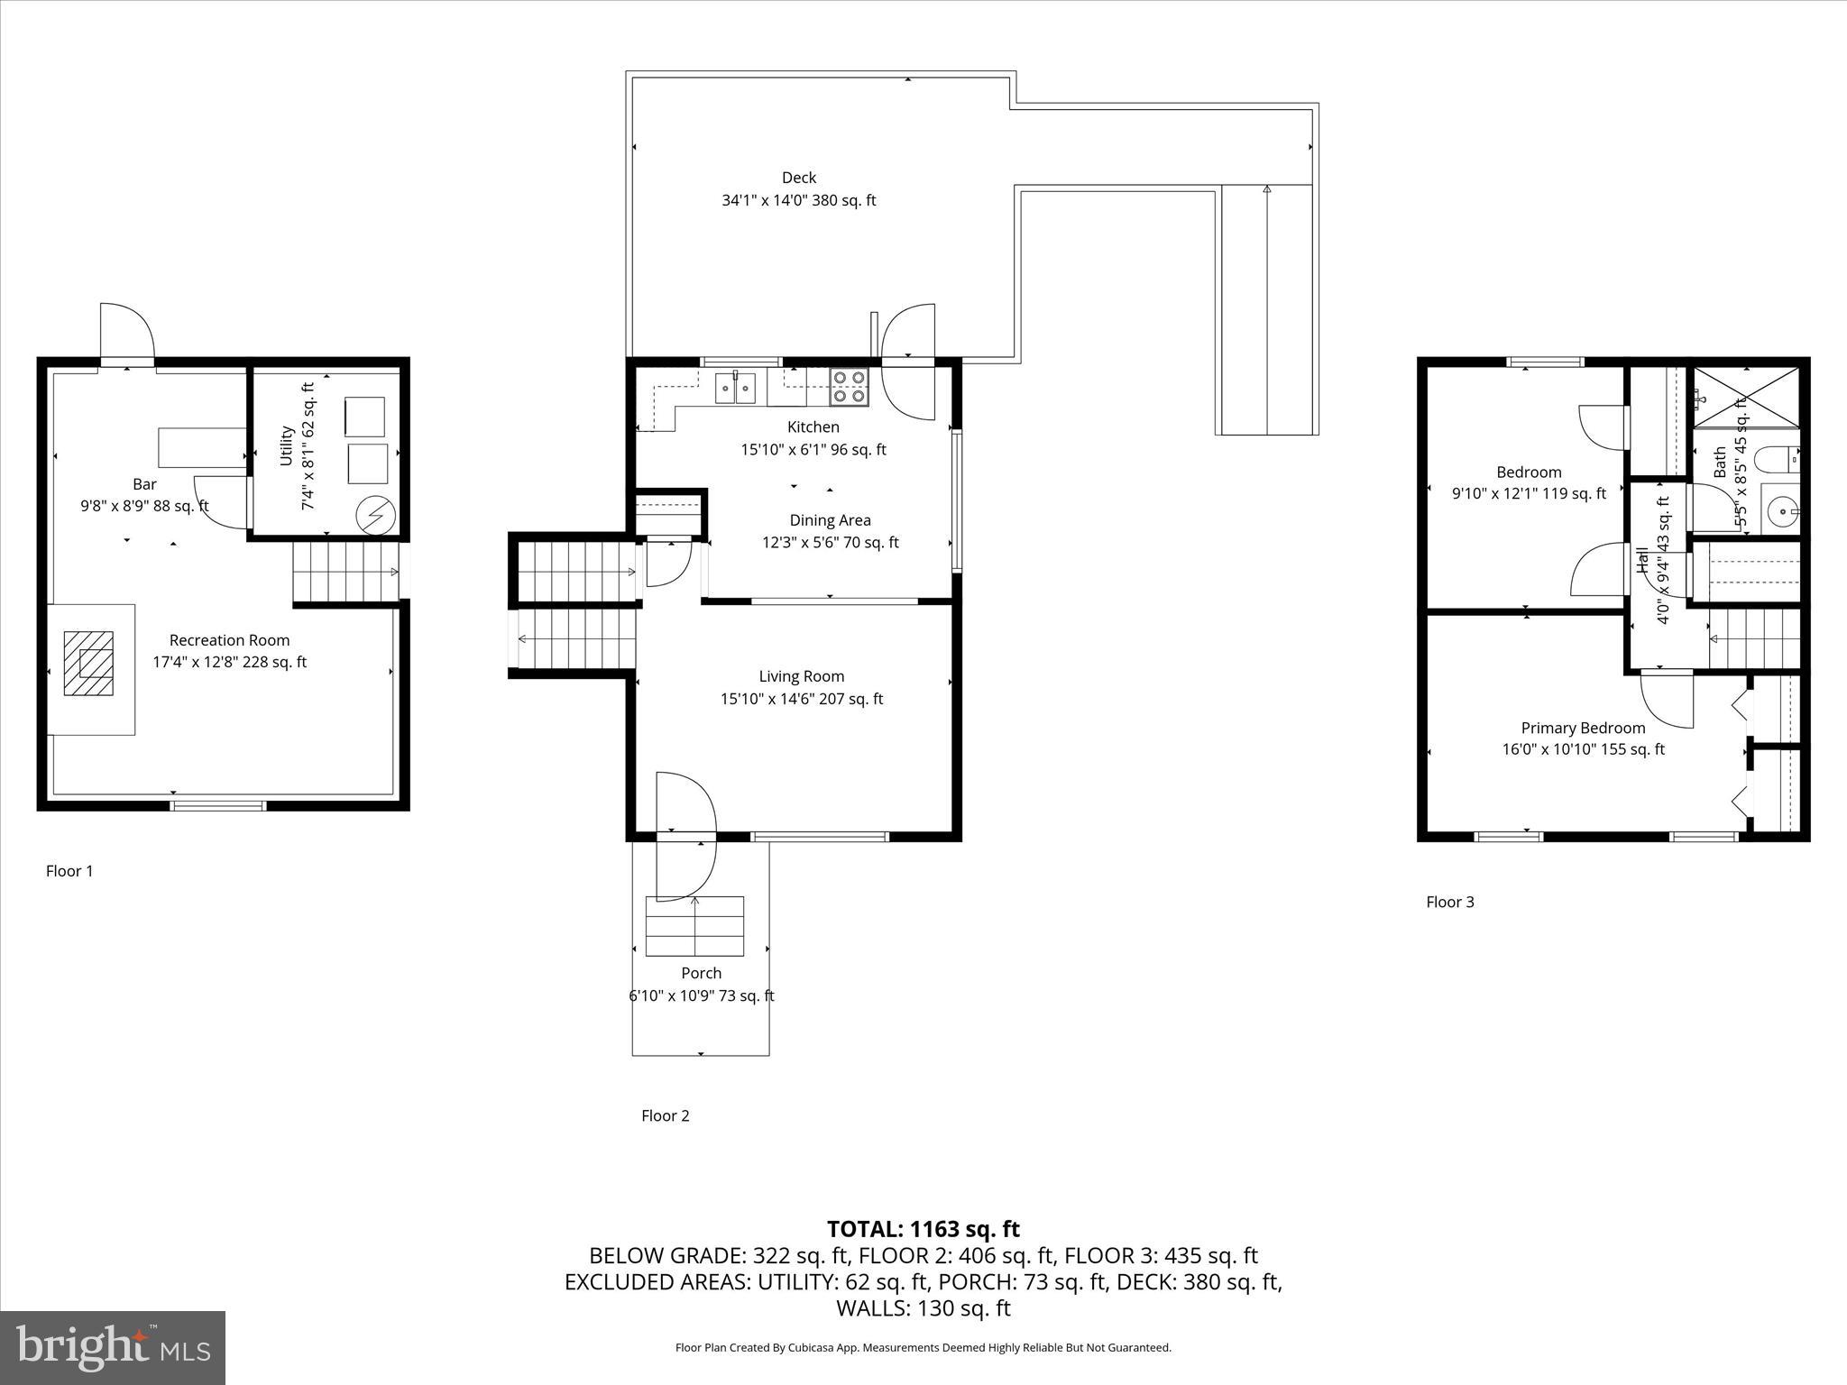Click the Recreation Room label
click(x=229, y=640)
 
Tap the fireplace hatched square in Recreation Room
click(x=88, y=664)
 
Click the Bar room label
click(x=144, y=484)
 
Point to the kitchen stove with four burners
click(x=849, y=387)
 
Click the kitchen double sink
click(x=736, y=389)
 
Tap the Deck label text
click(x=799, y=178)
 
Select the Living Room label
click(x=801, y=676)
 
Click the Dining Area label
click(x=830, y=520)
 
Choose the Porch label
click(x=701, y=973)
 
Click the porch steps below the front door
click(x=694, y=926)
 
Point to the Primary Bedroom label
click(x=1583, y=728)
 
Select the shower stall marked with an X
click(x=1746, y=398)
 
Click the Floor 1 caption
click(x=69, y=871)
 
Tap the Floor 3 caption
click(x=1449, y=902)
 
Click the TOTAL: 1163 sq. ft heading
click(x=923, y=1229)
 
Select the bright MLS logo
click(x=113, y=1348)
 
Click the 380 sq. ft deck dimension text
click(x=798, y=200)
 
